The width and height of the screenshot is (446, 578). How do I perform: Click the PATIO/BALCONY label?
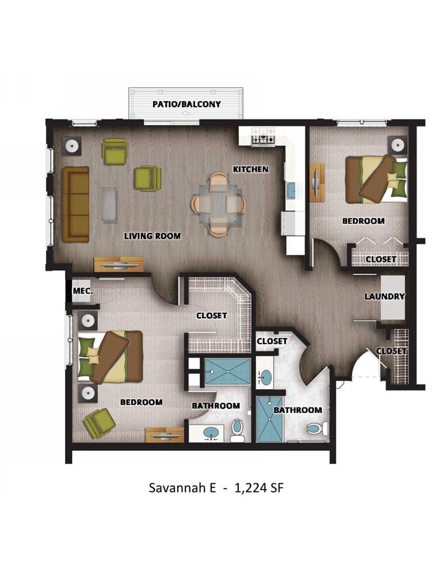[186, 104]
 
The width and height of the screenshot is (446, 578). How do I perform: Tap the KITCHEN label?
[250, 169]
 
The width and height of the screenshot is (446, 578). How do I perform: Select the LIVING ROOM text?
[152, 236]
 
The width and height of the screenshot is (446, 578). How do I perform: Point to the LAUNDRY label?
[384, 296]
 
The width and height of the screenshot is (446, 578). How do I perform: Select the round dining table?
[218, 203]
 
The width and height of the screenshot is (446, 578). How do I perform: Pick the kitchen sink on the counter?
[291, 190]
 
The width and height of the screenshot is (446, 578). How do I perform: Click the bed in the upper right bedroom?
[375, 179]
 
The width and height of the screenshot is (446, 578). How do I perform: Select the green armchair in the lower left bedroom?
[99, 423]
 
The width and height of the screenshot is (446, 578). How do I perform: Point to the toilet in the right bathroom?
[317, 430]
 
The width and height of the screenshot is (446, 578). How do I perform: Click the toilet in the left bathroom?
[237, 429]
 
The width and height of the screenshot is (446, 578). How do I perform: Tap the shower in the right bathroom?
[269, 418]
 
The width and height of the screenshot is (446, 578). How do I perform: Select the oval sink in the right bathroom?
[266, 377]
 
